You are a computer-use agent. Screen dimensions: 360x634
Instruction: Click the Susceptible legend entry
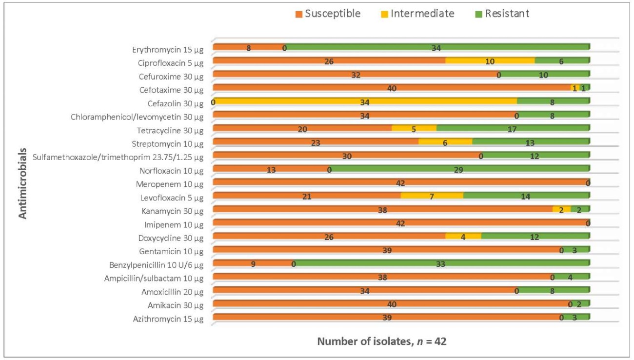[x=328, y=14]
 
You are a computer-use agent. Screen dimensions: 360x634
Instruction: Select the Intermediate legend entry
[x=417, y=14]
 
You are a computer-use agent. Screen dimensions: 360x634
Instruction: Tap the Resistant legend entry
[x=502, y=14]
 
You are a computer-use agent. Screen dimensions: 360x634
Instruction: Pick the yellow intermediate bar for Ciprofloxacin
[x=490, y=61]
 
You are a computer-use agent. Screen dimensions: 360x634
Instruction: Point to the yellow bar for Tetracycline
[x=414, y=129]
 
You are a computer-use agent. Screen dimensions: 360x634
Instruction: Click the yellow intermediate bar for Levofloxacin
[x=432, y=196]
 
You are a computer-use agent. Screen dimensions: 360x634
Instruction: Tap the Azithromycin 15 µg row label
[x=169, y=320]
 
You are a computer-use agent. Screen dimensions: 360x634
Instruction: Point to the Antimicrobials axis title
[x=23, y=184]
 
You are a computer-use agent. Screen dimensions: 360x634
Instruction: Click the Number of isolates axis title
[x=381, y=341]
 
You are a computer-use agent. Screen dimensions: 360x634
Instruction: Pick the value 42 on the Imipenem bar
[x=400, y=223]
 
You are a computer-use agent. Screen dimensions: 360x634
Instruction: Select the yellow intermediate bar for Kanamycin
[x=561, y=209]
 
